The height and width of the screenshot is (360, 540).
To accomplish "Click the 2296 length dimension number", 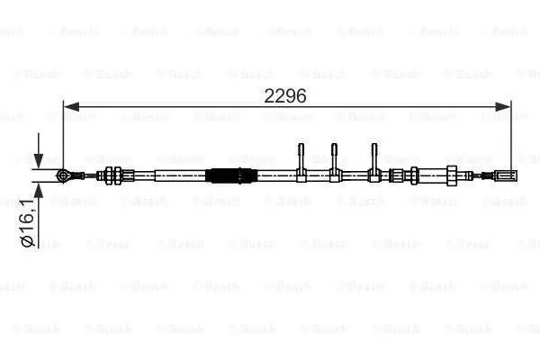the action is (284, 95).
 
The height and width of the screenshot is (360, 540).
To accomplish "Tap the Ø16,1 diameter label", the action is (28, 222).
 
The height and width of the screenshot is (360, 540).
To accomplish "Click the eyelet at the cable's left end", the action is (64, 175).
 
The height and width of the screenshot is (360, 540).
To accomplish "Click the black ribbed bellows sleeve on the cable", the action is (230, 175).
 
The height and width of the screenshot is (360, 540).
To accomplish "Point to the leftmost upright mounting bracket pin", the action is (301, 156).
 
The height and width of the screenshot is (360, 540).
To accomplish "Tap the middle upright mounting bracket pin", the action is (334, 156).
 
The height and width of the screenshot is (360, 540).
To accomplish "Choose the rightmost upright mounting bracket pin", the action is (374, 156).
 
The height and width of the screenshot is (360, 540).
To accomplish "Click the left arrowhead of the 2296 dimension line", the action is (71, 107).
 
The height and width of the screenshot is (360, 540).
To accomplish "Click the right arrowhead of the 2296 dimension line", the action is (503, 107).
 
